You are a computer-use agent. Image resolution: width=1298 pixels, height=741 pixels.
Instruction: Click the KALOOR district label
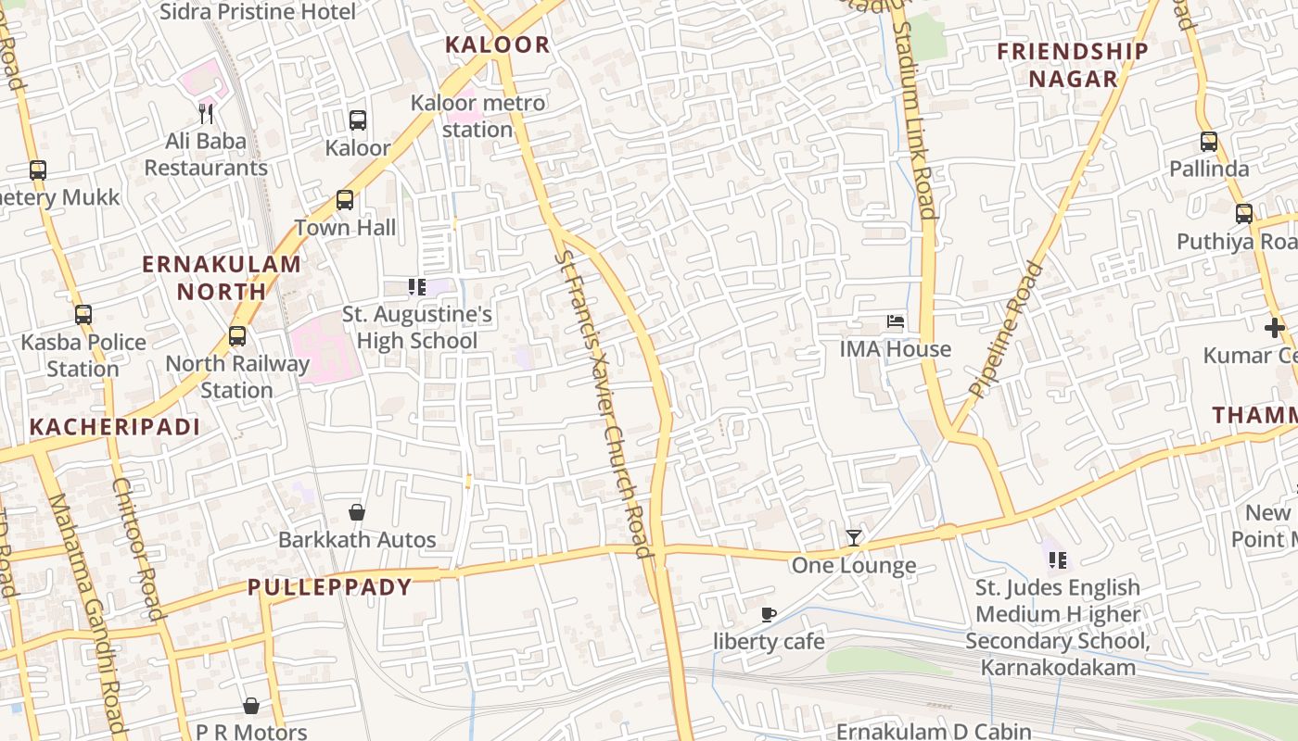[x=497, y=44]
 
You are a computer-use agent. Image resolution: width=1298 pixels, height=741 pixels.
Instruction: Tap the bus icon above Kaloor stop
[x=357, y=120]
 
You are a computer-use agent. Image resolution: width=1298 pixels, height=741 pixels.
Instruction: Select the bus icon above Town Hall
[x=345, y=200]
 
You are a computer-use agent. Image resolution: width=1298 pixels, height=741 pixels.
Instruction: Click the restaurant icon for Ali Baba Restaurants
[x=206, y=114]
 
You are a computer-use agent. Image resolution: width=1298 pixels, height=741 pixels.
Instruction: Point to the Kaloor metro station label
[x=477, y=116]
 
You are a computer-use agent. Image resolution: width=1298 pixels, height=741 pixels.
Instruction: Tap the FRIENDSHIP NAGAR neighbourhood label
[x=1073, y=65]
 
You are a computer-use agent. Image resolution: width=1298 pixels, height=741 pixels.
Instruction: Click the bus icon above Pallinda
[x=1209, y=142]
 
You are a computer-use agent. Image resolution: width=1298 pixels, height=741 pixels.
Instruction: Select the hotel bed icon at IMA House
[x=896, y=322]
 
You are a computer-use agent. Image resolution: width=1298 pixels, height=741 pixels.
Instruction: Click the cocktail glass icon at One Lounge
[x=854, y=538]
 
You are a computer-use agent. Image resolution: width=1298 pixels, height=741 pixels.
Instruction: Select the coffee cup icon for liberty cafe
[x=768, y=614]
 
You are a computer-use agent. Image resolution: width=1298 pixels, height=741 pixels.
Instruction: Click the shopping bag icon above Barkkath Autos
[x=357, y=512]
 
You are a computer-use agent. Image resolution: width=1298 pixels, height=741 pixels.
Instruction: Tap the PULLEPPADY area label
[x=329, y=587]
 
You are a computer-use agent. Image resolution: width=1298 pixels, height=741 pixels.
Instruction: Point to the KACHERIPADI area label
[x=115, y=427]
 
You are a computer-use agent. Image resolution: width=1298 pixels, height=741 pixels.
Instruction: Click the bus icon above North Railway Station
[x=237, y=336]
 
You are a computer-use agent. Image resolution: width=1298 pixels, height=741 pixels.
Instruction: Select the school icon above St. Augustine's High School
[x=416, y=287]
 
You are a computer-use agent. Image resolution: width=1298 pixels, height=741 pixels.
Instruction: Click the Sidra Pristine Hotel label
[x=258, y=12]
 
